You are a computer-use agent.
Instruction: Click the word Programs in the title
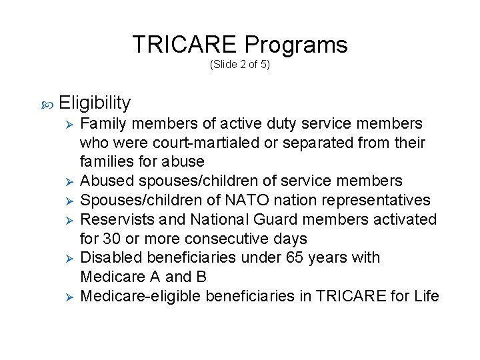pos(295,45)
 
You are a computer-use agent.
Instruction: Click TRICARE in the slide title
pos(185,45)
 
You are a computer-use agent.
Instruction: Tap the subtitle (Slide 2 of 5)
pos(240,65)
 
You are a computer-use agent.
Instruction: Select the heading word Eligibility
pos(95,103)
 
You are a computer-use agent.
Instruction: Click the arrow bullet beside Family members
pos(66,125)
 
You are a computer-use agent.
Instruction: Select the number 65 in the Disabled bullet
pos(293,257)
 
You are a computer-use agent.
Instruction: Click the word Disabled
pos(109,257)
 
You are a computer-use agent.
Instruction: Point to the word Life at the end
pos(427,295)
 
